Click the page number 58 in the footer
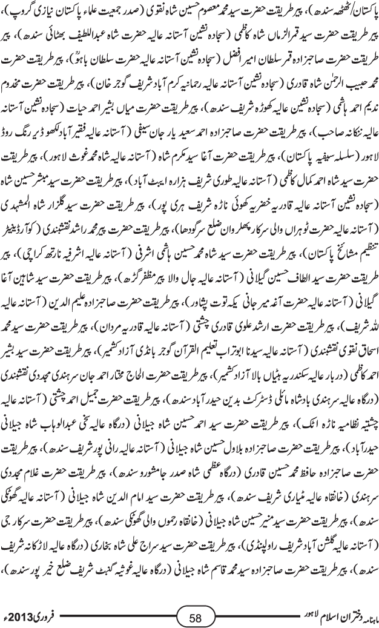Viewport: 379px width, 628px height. [x=195, y=618]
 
